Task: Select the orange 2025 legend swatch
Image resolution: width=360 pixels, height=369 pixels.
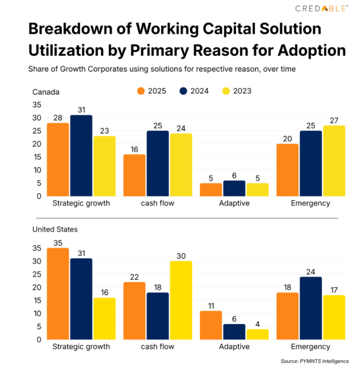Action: point(140,91)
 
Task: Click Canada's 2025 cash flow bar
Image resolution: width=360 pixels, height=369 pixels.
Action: point(135,175)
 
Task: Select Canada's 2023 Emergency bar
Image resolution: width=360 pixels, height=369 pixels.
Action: point(334,161)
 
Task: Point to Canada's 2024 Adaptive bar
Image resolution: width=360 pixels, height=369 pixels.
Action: point(234,188)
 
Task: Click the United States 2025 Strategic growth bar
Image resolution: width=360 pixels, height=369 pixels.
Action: point(58,294)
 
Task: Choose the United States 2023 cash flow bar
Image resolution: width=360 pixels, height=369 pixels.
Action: point(180,300)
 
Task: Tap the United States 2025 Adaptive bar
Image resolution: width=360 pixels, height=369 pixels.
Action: point(211,325)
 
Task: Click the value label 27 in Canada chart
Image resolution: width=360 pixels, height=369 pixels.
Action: point(334,120)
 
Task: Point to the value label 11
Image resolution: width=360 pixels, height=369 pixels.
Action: point(211,305)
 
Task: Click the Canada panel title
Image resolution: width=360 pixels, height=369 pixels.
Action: point(46,92)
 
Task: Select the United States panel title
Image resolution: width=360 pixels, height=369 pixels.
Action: point(55,229)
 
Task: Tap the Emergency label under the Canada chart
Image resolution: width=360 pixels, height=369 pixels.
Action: point(310,203)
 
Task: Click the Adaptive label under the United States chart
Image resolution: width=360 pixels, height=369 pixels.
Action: point(234,346)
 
